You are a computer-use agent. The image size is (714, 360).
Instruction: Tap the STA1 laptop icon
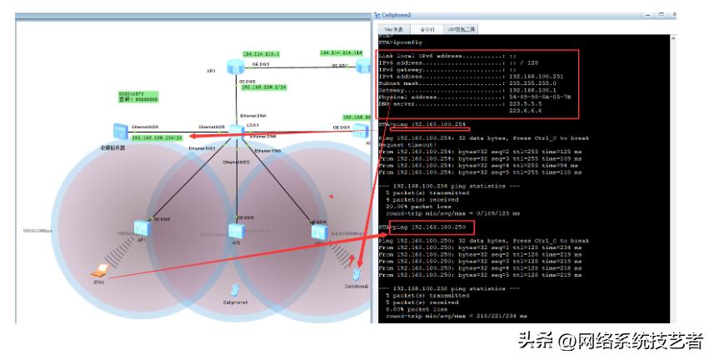pos(101,269)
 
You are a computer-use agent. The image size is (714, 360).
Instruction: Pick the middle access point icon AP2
pos(236,230)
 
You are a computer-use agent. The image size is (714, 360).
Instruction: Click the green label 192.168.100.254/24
pos(157,137)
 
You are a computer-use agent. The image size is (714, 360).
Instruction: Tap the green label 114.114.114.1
pos(261,53)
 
